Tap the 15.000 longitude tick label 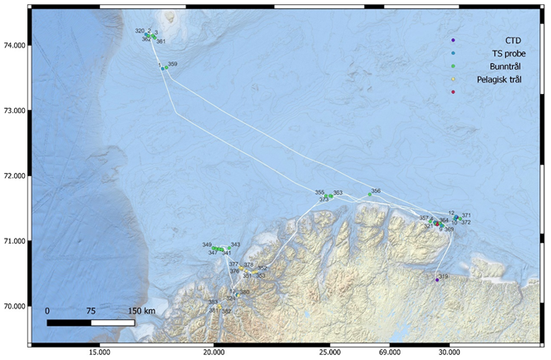[x=100, y=351]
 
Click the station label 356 [x=376, y=190]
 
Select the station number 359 [x=172, y=64]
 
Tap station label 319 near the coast [x=443, y=277]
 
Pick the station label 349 [x=207, y=244]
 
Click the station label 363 [x=337, y=193]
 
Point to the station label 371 [x=466, y=215]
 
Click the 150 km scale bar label [x=143, y=311]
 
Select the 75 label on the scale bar [x=90, y=311]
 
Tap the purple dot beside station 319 [x=437, y=280]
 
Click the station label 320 [x=140, y=31]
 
